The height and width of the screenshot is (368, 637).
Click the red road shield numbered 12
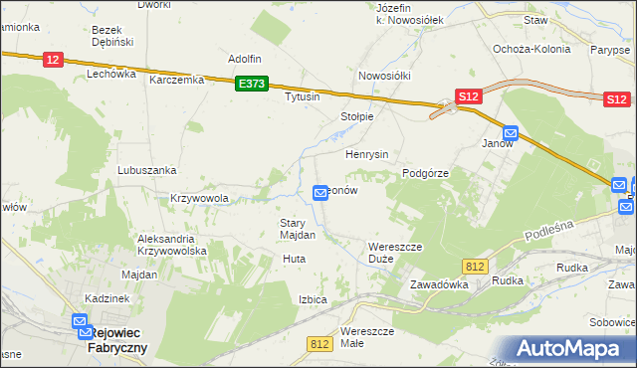point(54,61)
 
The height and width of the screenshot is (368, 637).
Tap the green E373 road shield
point(251,86)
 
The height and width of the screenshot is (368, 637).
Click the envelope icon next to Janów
point(511,132)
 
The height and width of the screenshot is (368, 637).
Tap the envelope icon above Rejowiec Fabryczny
point(81,321)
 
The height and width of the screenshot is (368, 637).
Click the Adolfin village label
point(245,59)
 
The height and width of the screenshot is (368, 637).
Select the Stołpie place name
point(357,116)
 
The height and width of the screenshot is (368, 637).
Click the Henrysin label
point(366,155)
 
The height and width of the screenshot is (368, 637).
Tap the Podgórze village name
point(426,173)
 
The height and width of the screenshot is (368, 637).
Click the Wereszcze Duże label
point(395,252)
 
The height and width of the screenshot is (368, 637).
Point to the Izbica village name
point(313,298)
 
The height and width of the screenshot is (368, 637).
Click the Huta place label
point(294,259)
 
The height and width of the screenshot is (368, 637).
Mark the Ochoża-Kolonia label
point(531,49)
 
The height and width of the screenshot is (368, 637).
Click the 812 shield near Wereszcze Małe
point(319,344)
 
